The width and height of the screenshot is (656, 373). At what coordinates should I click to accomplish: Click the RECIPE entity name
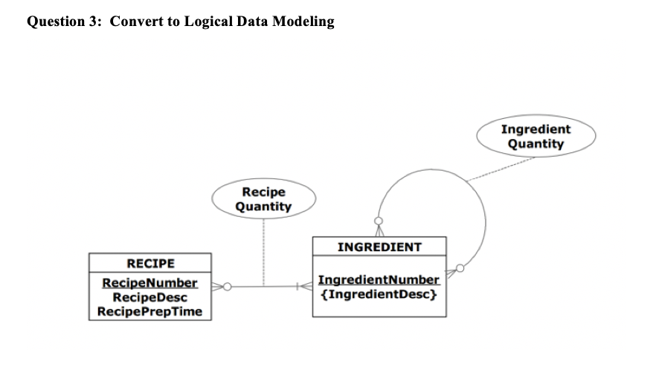tap(150, 264)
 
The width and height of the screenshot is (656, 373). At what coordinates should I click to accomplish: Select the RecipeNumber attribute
tap(149, 283)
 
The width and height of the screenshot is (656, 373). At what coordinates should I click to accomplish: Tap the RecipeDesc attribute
tap(149, 297)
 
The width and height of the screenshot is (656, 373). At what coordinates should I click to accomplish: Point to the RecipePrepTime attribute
tap(150, 311)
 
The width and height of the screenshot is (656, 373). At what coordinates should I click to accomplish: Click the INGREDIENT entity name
tap(379, 247)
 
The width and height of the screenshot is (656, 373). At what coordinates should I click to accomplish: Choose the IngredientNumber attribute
tap(379, 280)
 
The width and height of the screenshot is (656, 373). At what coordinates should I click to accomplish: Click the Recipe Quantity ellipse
tap(264, 199)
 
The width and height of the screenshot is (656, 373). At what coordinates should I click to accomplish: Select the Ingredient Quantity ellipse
tap(536, 136)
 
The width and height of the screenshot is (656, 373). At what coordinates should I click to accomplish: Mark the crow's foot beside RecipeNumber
tap(217, 285)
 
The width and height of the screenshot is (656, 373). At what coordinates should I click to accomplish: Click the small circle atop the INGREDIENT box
tap(379, 221)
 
